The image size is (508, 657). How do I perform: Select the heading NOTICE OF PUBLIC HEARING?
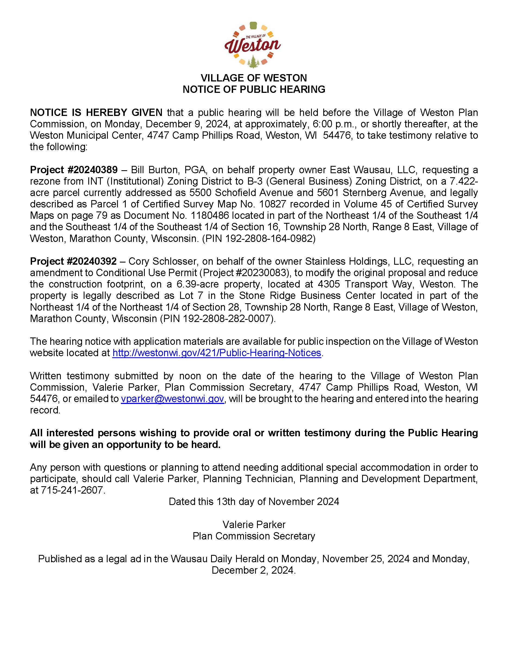click(254, 89)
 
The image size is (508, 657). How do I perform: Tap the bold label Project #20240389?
click(74, 170)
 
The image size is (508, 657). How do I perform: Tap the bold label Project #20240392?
click(73, 261)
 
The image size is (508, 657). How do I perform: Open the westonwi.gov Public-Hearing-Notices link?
click(217, 353)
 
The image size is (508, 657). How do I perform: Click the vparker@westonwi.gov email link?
click(173, 399)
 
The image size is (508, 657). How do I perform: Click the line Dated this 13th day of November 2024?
click(254, 501)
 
